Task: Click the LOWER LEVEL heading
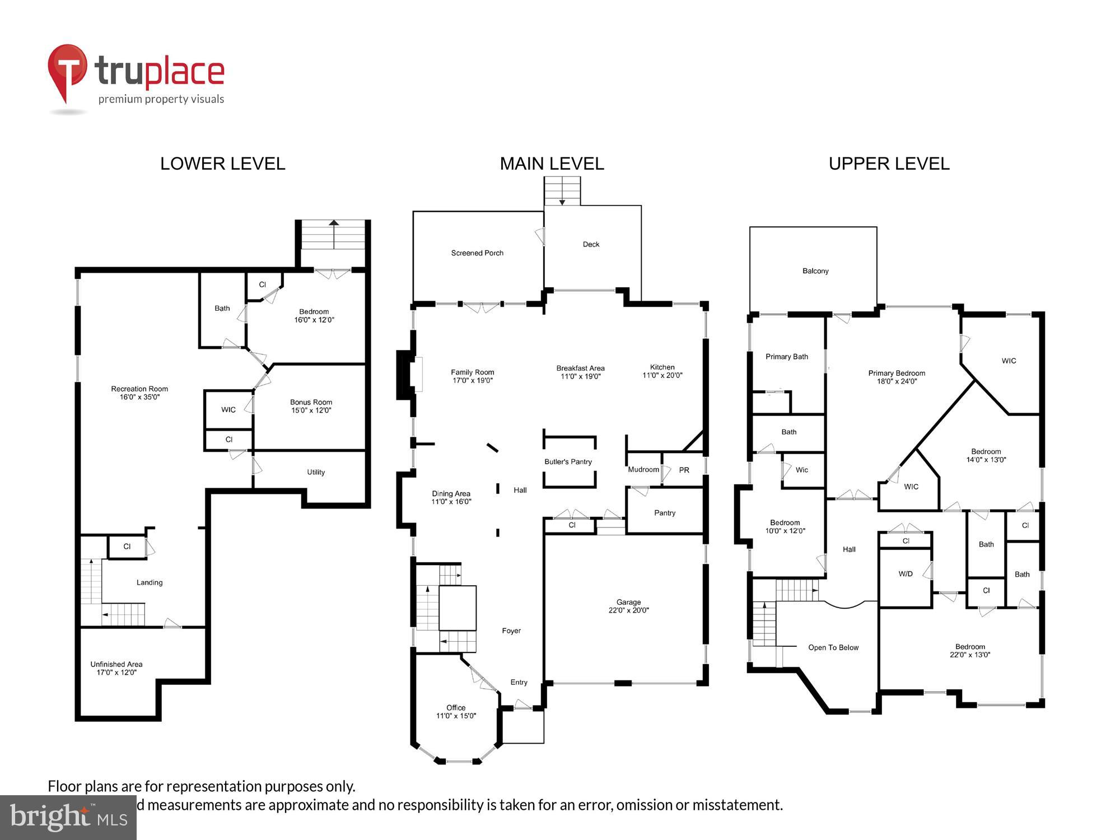point(222,164)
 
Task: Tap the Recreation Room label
point(139,389)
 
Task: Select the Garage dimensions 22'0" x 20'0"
point(628,610)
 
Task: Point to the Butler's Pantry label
point(568,461)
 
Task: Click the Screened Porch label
point(477,253)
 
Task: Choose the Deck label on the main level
point(591,244)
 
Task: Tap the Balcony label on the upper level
point(815,271)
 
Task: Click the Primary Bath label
point(786,357)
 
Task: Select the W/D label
point(906,574)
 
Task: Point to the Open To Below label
point(833,647)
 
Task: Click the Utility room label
point(316,472)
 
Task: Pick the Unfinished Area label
point(116,664)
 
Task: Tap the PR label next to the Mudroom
point(684,470)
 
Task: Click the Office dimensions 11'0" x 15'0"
point(456,716)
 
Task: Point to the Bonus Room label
point(311,402)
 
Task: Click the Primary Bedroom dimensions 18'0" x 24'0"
point(897,381)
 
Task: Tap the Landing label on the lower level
point(150,582)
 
